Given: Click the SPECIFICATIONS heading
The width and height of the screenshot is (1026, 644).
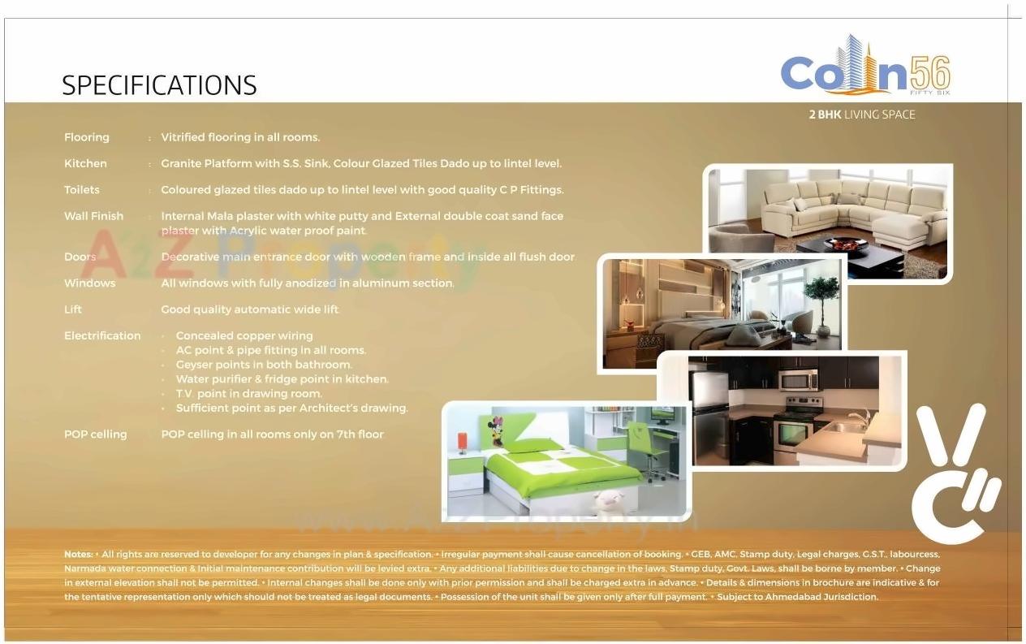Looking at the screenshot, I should (159, 85).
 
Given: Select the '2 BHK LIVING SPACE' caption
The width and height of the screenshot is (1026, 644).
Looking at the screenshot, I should (861, 115).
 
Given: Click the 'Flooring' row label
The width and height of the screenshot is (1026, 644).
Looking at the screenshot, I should (86, 137).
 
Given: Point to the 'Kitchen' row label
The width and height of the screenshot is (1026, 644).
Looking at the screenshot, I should (85, 163).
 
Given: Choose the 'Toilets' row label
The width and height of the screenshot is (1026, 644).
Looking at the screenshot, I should (82, 190).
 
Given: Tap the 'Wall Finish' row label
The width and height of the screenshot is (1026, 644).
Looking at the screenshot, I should (93, 216).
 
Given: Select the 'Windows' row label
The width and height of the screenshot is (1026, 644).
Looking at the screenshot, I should (89, 283).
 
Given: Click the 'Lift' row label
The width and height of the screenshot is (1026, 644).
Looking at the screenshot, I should (73, 309).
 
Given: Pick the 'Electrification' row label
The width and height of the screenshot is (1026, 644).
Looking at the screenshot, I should (102, 335).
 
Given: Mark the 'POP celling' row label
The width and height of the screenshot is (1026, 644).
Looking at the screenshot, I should (95, 434).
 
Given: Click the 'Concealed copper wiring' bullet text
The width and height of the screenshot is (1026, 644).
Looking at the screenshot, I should (244, 335).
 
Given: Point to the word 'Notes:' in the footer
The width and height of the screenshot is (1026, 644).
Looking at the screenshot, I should (78, 554).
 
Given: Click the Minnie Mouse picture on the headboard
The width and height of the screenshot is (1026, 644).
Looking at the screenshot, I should (495, 430).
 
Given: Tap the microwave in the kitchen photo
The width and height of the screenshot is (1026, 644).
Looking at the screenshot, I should (798, 379).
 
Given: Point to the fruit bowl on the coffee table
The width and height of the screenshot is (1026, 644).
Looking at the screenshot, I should (845, 243).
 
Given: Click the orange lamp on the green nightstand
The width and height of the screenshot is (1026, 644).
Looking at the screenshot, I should (463, 442).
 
